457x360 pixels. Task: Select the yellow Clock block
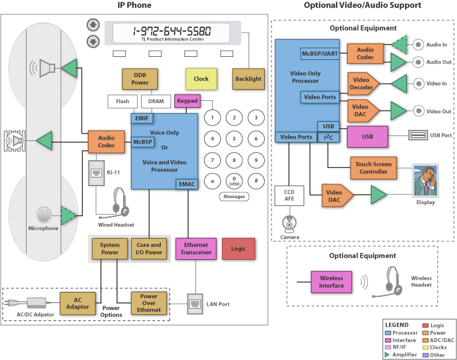point(201,79)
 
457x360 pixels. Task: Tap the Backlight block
point(248,79)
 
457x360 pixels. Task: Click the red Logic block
point(238,249)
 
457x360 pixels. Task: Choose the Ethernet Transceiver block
point(196,249)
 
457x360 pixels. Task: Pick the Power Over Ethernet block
point(149,303)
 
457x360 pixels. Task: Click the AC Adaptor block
point(78,303)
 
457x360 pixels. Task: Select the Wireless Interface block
point(331,281)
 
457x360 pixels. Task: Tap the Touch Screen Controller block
point(374,168)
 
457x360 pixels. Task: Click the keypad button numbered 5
point(234,139)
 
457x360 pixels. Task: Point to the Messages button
point(234,197)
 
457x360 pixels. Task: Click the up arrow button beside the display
point(93,25)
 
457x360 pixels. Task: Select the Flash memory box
point(122,101)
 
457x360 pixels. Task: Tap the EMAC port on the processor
point(187,184)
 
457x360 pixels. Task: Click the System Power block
point(110,249)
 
